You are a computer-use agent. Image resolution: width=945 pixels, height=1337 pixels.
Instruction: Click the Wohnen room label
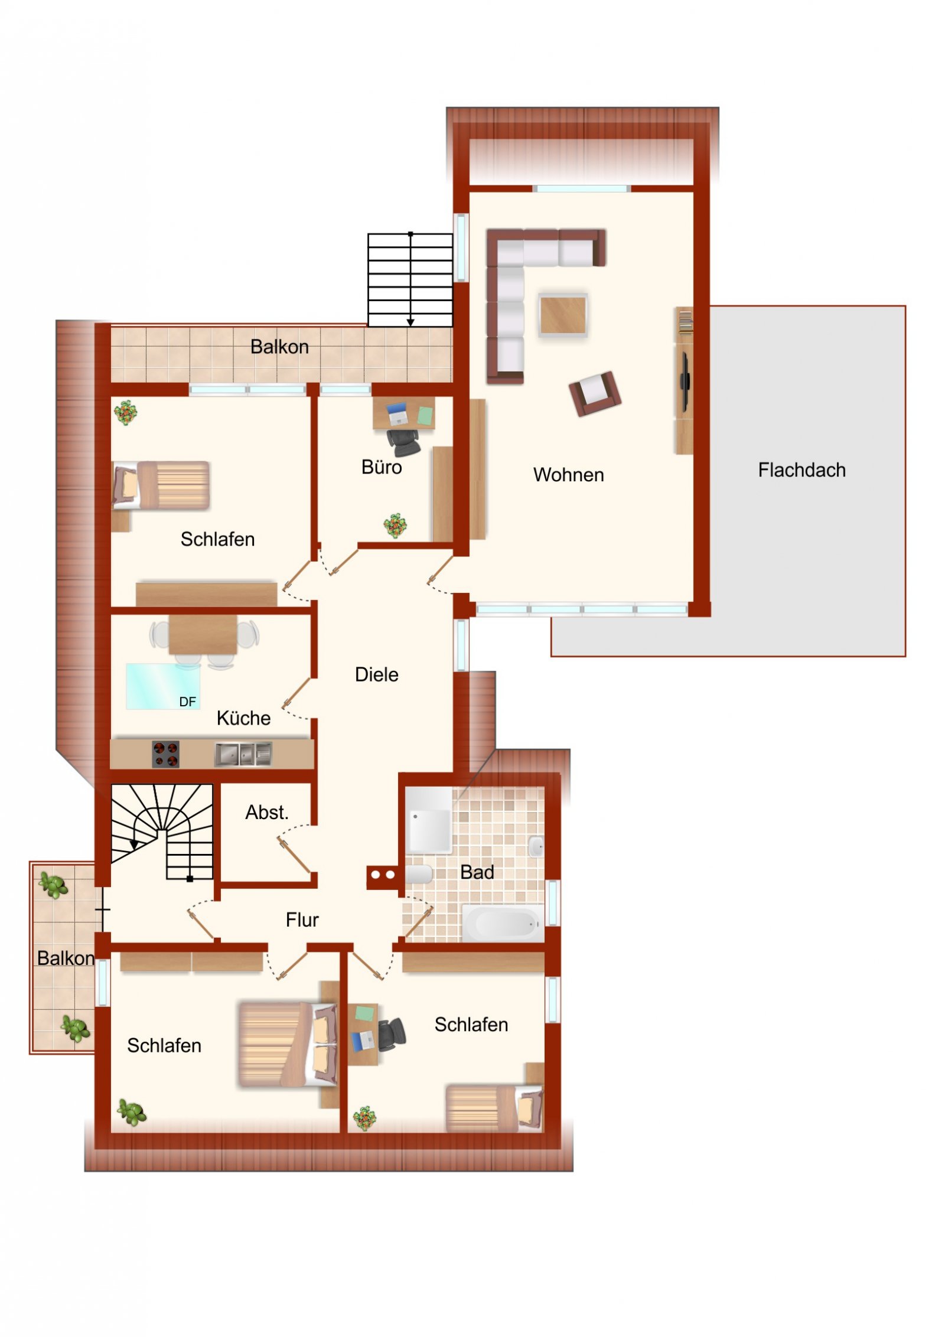(568, 475)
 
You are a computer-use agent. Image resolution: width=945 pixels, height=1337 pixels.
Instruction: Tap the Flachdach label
(801, 470)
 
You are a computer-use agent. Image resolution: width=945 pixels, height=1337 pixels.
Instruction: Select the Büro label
(382, 467)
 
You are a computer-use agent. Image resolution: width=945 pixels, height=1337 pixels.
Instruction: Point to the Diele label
(376, 674)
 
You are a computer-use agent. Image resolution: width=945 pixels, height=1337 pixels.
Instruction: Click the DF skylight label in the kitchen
(187, 702)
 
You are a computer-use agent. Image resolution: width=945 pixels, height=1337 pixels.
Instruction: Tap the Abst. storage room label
(267, 813)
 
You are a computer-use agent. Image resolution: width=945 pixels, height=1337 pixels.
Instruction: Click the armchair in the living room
(594, 393)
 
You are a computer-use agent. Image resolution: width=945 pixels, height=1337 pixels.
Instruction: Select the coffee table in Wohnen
(563, 315)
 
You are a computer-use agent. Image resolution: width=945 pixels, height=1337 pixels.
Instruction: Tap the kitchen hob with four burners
(166, 754)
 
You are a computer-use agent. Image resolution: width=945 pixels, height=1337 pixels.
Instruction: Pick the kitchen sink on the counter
(243, 754)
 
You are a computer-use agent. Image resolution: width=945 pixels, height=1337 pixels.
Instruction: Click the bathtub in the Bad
(502, 924)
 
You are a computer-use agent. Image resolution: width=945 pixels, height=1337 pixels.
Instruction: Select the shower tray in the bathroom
(429, 819)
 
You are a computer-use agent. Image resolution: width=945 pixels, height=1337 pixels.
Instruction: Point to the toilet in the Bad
(419, 875)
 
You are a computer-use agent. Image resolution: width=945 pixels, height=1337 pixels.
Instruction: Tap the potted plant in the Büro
(395, 525)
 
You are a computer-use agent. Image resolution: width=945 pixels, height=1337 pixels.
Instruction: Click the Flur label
(302, 919)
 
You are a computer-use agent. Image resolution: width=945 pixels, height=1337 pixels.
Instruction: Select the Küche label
(243, 718)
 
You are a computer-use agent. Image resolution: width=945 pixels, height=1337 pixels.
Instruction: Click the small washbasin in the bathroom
(536, 846)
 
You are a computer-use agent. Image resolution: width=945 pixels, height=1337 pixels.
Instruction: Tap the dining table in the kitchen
(203, 634)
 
